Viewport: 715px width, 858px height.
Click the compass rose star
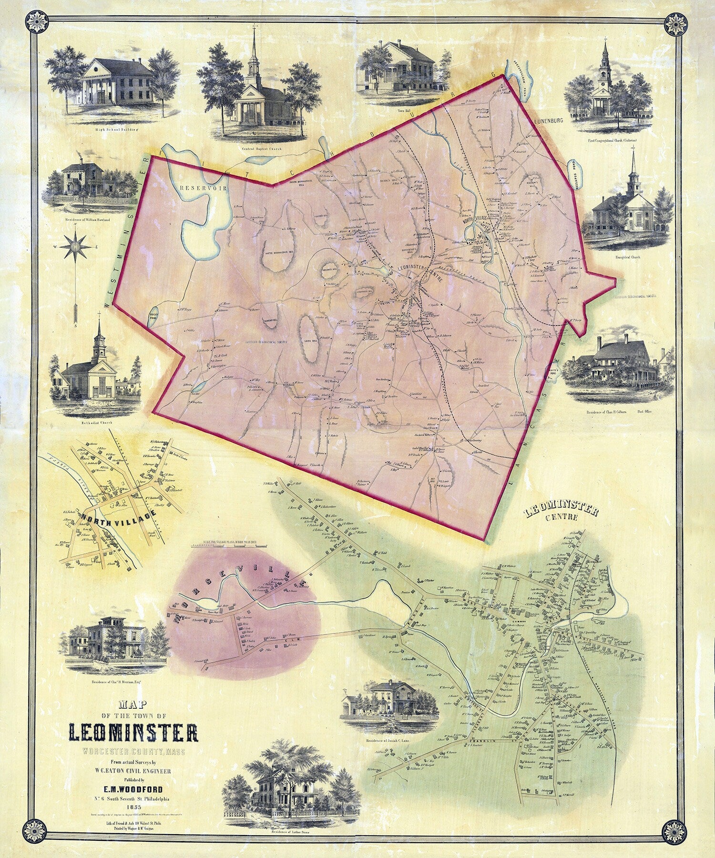click(77, 247)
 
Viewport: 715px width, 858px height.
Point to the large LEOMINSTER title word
click(134, 748)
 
